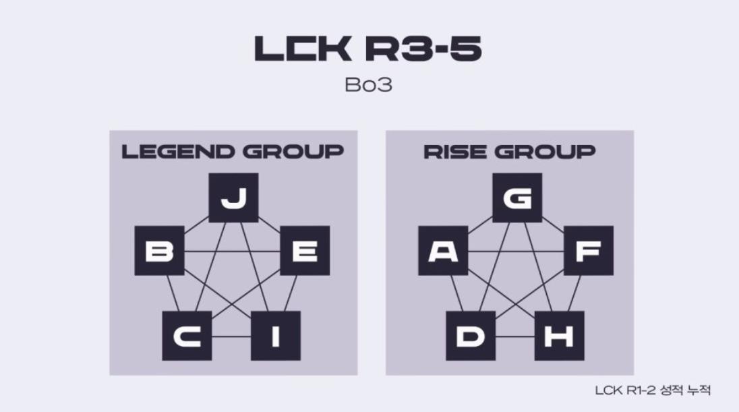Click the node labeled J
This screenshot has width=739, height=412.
coord(233,198)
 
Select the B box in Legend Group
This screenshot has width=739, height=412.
coord(159,251)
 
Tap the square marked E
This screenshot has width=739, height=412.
coord(305,251)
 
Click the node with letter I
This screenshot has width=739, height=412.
coord(275,335)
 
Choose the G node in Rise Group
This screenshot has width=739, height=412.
coord(517,198)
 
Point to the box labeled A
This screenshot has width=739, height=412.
coord(443,251)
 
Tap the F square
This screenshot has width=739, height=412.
coord(589,251)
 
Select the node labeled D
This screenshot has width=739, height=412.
coord(471,335)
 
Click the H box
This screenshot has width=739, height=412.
coord(559,335)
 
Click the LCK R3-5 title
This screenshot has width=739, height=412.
coord(368,49)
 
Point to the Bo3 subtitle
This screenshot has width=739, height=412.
coord(368,86)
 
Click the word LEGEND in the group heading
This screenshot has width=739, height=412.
coord(175,152)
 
